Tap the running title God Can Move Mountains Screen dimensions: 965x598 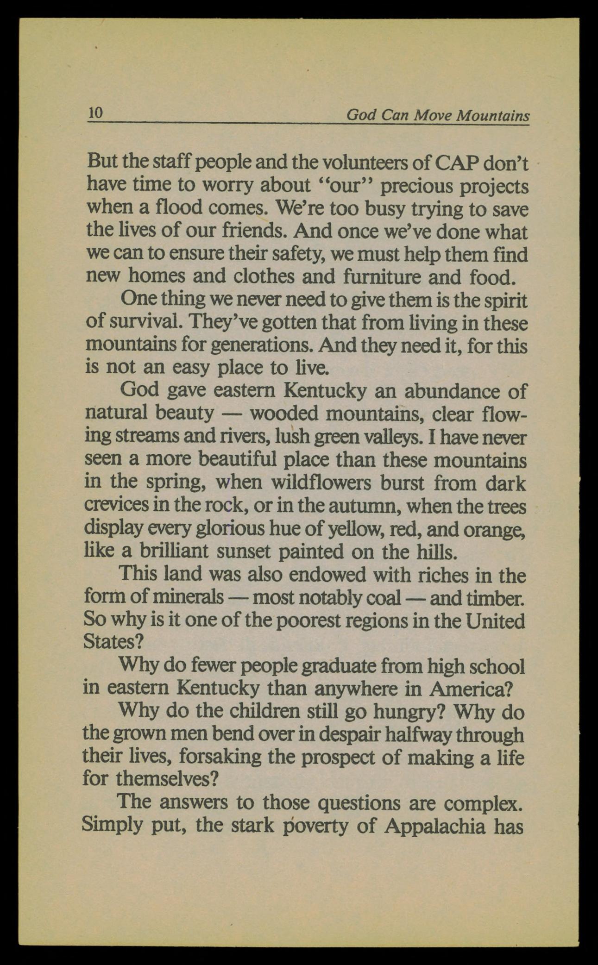pos(438,115)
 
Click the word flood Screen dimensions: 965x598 pos(178,208)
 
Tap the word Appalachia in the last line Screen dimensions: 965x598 pos(435,826)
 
